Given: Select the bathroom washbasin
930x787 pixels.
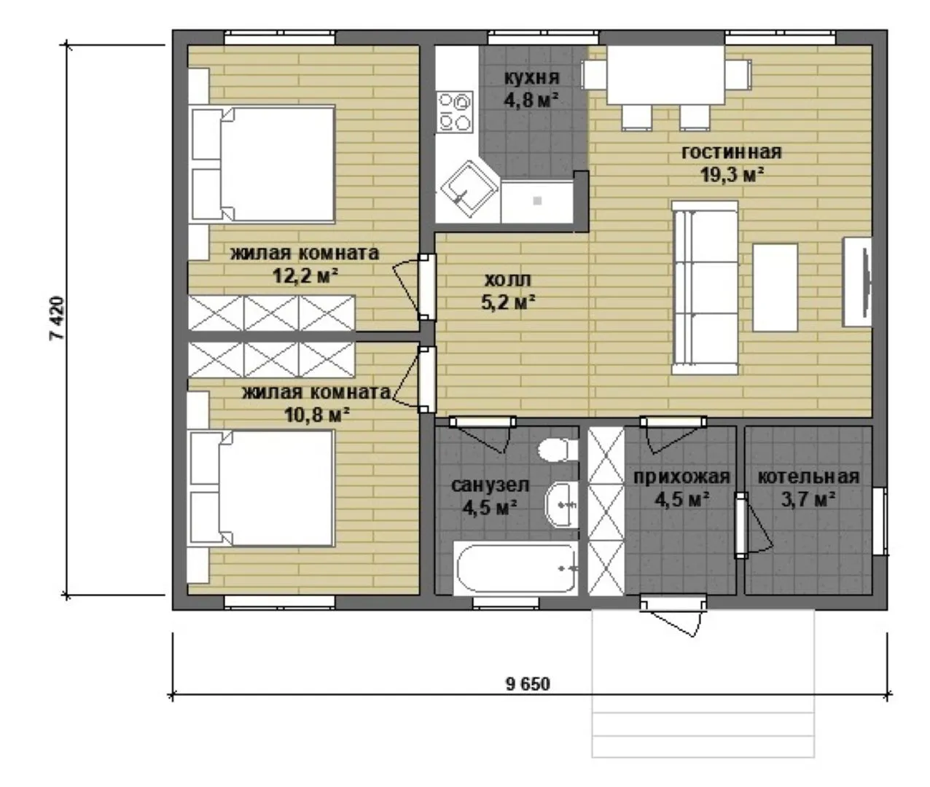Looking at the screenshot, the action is pos(561,504).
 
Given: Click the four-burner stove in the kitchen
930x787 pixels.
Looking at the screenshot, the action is pos(454,112).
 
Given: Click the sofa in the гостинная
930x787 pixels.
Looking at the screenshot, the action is pos(705,288).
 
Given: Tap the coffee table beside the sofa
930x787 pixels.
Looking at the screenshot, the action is pos(775,288).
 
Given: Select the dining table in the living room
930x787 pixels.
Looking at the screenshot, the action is pos(666,75).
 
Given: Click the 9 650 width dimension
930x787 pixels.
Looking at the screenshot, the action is pos(528,684).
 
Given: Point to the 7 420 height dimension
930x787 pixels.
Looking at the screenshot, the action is pos(58,318).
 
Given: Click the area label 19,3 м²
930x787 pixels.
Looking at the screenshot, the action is pos(732,175).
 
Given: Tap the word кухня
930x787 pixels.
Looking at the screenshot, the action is pos(532,77).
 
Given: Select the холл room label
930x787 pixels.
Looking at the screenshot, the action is pos(508,280).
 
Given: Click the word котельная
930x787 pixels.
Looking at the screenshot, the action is pos(808,477).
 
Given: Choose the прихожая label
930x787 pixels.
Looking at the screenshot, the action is pos(681,477).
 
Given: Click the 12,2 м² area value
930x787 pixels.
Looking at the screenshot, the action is pos(305,275).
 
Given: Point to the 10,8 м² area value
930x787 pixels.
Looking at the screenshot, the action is pos(317,414).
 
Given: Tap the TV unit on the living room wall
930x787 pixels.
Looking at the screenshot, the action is pos(858,282).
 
